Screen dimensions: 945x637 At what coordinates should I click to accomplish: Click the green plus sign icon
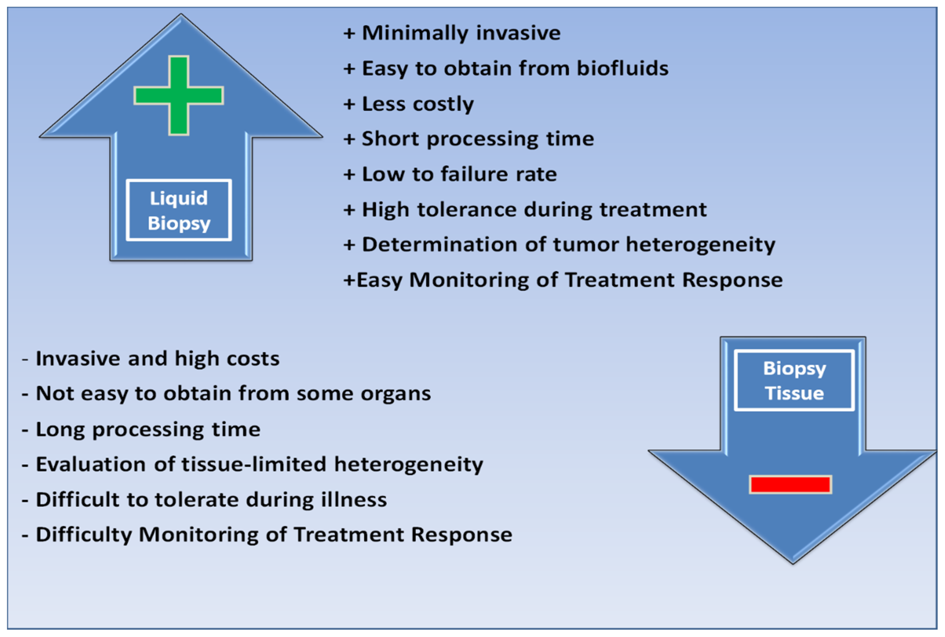[x=179, y=95]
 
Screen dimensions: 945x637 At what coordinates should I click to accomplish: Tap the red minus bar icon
[x=790, y=484]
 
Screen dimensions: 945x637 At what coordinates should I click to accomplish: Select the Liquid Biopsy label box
[x=179, y=210]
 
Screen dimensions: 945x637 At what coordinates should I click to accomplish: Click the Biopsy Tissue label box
[x=794, y=380]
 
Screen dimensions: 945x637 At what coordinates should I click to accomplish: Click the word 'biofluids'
[x=622, y=68]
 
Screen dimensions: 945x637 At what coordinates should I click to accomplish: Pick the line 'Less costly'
[x=418, y=104]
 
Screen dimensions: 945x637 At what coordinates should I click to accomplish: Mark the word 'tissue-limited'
[x=254, y=464]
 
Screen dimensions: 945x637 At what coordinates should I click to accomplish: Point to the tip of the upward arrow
[x=181, y=14]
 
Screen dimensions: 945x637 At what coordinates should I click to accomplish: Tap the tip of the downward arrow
[x=793, y=564]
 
